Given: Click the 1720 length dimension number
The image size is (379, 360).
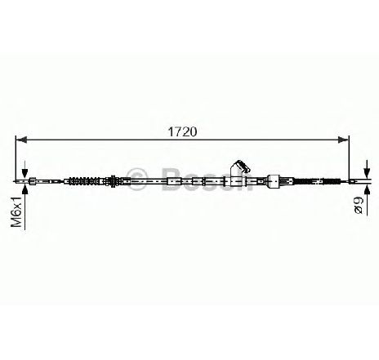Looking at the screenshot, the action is pyautogui.click(x=182, y=131).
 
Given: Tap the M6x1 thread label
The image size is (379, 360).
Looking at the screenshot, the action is pyautogui.click(x=16, y=211).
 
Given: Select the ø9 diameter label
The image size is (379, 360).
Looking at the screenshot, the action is pyautogui.click(x=359, y=205).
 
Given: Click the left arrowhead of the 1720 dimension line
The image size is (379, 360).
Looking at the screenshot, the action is pyautogui.click(x=21, y=140).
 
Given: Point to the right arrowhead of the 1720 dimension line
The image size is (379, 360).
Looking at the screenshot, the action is pyautogui.click(x=343, y=140).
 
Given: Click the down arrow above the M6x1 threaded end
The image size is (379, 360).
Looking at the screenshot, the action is pyautogui.click(x=25, y=169).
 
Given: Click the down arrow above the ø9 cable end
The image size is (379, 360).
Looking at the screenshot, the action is pyautogui.click(x=367, y=169).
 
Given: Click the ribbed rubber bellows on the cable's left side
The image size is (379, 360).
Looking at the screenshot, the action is pyautogui.click(x=85, y=181).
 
